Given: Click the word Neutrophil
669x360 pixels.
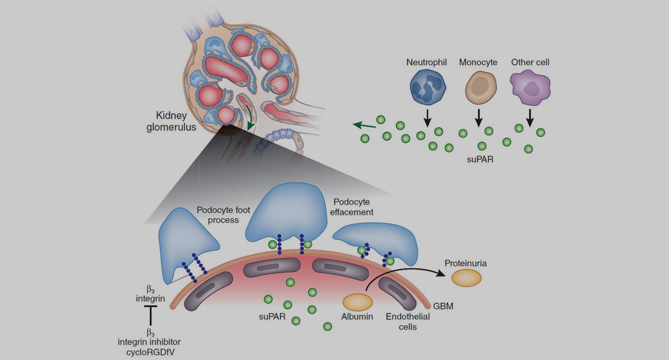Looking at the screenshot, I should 427,62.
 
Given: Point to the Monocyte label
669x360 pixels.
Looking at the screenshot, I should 478,62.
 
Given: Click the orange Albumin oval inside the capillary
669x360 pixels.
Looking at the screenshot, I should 358,301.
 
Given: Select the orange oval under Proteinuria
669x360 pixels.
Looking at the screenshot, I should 466,277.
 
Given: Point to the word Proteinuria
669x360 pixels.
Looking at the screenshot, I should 466,263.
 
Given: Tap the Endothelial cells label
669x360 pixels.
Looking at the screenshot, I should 408,321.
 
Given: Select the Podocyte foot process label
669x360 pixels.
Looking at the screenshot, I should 218,215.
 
